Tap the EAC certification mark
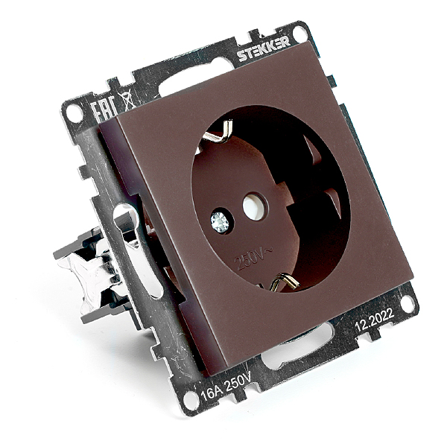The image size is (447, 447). point(104,108)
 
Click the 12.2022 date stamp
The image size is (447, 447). point(375,319)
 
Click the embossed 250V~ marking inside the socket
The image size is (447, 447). point(253,259)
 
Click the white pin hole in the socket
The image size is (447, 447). point(253,206)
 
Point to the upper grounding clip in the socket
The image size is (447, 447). point(220,132)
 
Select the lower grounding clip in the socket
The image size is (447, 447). point(284,282)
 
